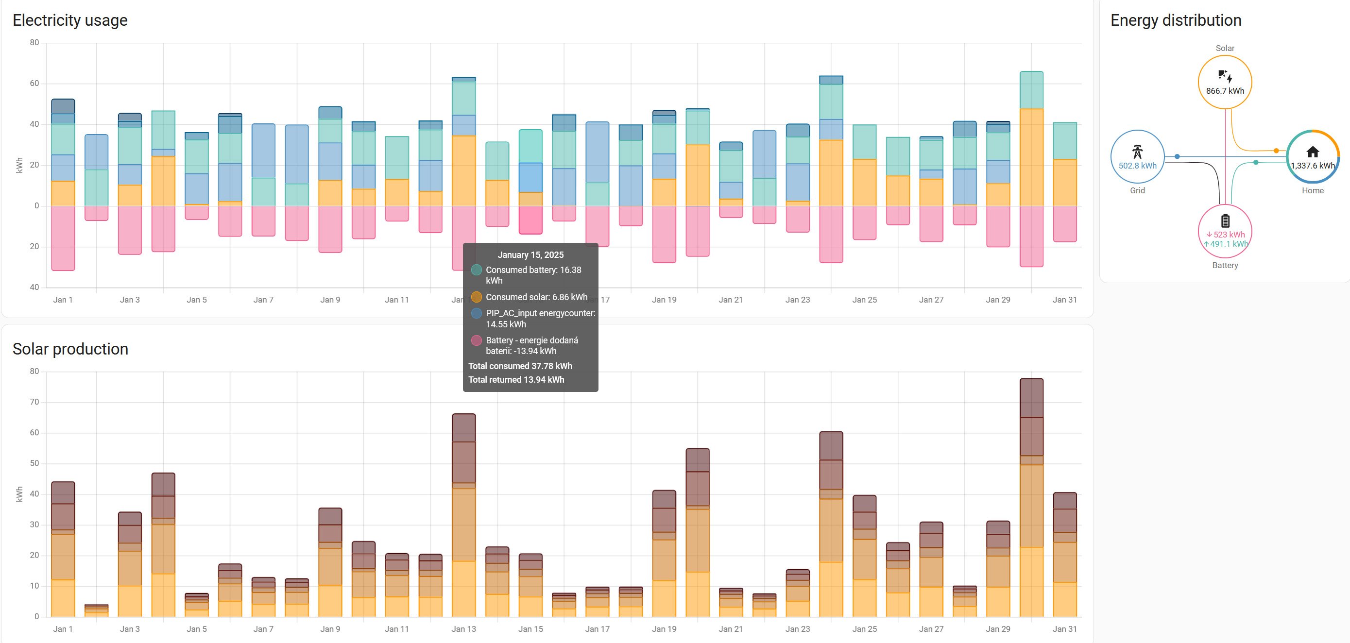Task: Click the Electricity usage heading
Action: [70, 20]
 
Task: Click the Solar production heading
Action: [70, 349]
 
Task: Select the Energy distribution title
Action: [1176, 20]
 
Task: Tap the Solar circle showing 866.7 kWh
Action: [1225, 82]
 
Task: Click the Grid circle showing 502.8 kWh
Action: [1137, 156]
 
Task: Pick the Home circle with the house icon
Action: [1312, 156]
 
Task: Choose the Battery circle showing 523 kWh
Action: [1225, 231]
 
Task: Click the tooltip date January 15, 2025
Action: [530, 255]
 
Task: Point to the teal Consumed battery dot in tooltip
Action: [477, 270]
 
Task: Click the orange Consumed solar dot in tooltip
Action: [477, 297]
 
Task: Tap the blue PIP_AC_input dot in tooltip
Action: [477, 313]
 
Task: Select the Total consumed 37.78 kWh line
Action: [520, 366]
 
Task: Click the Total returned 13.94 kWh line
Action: [516, 380]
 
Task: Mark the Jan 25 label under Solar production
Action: [864, 629]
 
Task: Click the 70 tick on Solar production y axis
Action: [34, 402]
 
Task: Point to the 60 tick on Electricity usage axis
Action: [34, 84]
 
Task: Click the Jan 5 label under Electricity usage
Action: [197, 300]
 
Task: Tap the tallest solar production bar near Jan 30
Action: [1031, 498]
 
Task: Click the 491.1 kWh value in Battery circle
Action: [1229, 244]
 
